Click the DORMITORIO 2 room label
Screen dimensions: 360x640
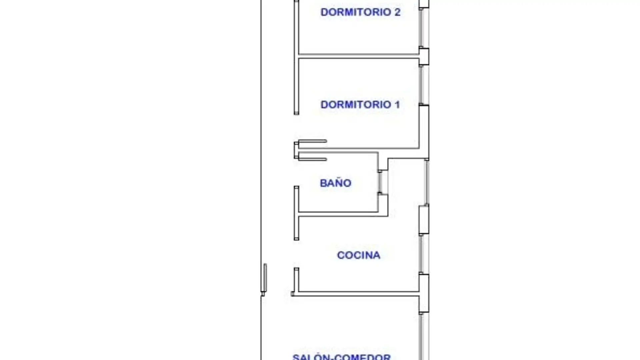pyautogui.click(x=360, y=12)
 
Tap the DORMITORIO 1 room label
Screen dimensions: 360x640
pyautogui.click(x=360, y=105)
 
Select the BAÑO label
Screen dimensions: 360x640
pyautogui.click(x=335, y=183)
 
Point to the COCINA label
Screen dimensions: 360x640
pyautogui.click(x=358, y=255)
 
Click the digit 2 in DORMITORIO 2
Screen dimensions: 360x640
pyautogui.click(x=397, y=12)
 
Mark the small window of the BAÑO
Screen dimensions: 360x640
pyautogui.click(x=380, y=182)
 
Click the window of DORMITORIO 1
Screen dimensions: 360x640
pyautogui.click(x=421, y=85)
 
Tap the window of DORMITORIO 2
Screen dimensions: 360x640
pyautogui.click(x=421, y=28)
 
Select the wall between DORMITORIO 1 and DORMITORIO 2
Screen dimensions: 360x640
pyautogui.click(x=359, y=56)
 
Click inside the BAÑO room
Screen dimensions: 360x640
pyautogui.click(x=337, y=197)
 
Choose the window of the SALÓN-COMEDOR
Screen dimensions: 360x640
pyautogui.click(x=421, y=337)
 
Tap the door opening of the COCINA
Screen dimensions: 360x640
pyautogui.click(x=296, y=254)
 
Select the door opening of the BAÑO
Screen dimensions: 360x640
pyautogui.click(x=296, y=173)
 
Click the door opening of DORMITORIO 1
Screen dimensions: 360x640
pyautogui.click(x=296, y=128)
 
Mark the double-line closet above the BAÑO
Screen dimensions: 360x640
pyautogui.click(x=312, y=150)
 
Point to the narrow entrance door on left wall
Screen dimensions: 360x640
pyautogui.click(x=265, y=278)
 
